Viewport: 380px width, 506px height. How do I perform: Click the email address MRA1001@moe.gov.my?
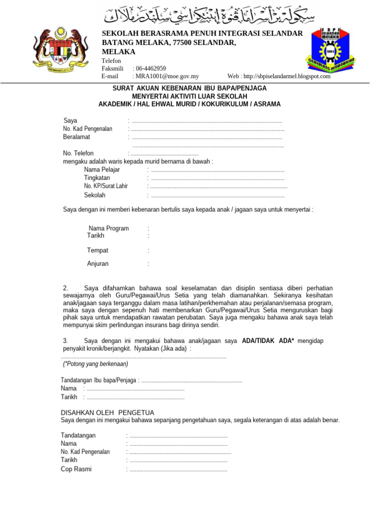pyautogui.click(x=166, y=76)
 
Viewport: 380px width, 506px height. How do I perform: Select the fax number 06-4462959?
pyautogui.click(x=151, y=68)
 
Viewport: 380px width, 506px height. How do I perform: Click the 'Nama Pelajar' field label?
pyautogui.click(x=102, y=169)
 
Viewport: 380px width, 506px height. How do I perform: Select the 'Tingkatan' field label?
pyautogui.click(x=97, y=178)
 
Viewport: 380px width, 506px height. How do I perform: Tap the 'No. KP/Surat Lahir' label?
pyautogui.click(x=106, y=186)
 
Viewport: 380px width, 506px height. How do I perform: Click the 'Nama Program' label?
pyautogui.click(x=109, y=228)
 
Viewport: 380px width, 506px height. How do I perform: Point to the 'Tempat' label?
pyautogui.click(x=97, y=251)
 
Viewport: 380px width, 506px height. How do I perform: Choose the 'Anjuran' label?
pyautogui.click(x=97, y=264)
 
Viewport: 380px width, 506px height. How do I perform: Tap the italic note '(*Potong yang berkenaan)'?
pyautogui.click(x=95, y=364)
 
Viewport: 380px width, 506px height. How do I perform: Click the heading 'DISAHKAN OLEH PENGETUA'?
pyautogui.click(x=107, y=413)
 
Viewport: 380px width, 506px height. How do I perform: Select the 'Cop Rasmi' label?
pyautogui.click(x=76, y=469)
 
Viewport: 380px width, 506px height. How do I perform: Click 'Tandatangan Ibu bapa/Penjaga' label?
pyautogui.click(x=99, y=380)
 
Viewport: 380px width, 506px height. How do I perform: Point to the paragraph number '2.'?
pyautogui.click(x=66, y=288)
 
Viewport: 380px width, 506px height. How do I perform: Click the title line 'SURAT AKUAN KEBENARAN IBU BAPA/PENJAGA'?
pyautogui.click(x=190, y=88)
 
